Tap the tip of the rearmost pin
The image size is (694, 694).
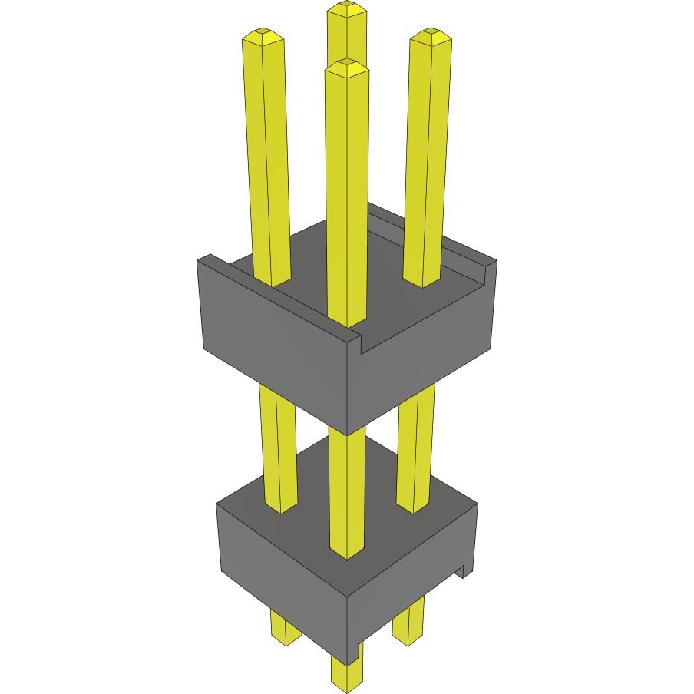point(346,8)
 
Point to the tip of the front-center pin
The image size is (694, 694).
point(346,66)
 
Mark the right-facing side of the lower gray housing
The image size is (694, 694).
point(411,572)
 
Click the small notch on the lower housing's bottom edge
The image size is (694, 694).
point(463,571)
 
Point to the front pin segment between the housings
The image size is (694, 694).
point(346,491)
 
